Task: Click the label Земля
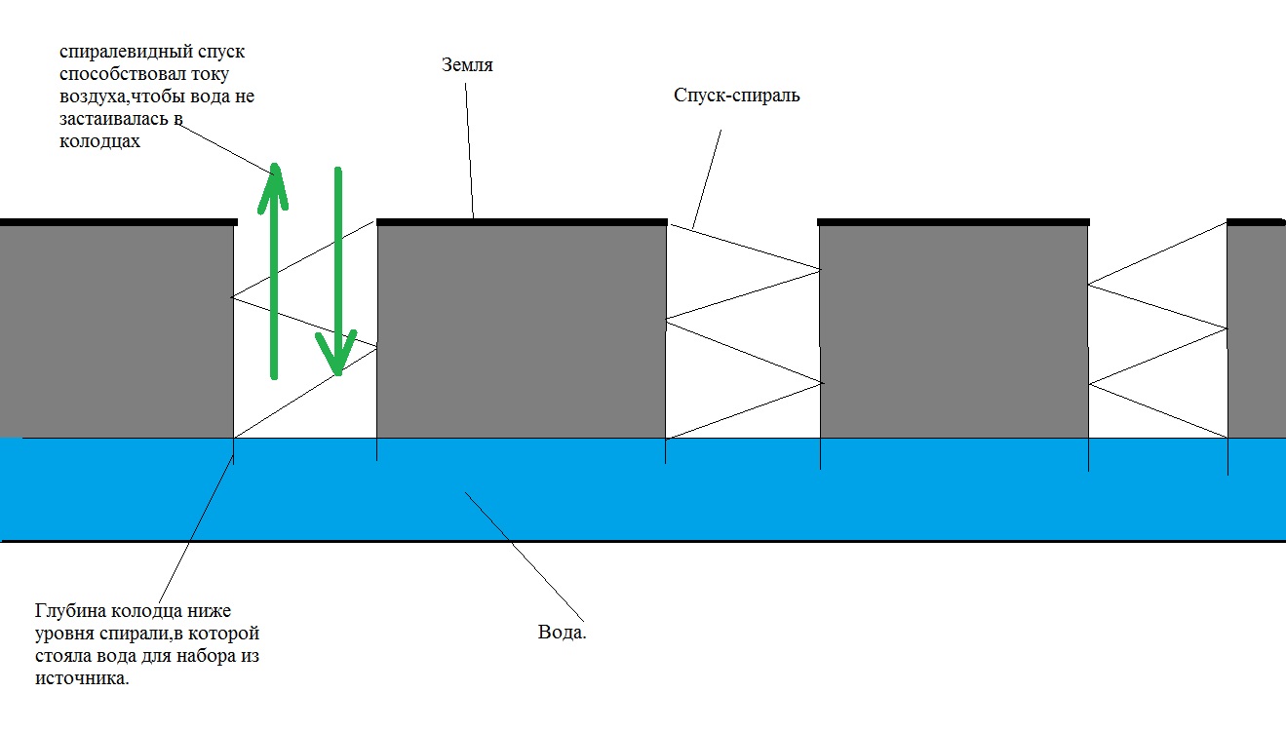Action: [467, 65]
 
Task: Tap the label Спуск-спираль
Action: [736, 96]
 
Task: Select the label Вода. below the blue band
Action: [562, 632]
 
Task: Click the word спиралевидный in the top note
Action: [126, 52]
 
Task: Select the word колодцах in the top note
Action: [99, 141]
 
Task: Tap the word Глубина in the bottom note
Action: [69, 611]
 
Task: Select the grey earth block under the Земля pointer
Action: [522, 331]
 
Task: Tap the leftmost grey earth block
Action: [117, 331]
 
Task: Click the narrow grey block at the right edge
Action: [1256, 331]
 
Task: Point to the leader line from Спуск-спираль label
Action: [707, 179]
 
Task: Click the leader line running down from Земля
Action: [469, 150]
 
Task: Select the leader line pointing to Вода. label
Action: [525, 557]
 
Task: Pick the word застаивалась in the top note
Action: [114, 119]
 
